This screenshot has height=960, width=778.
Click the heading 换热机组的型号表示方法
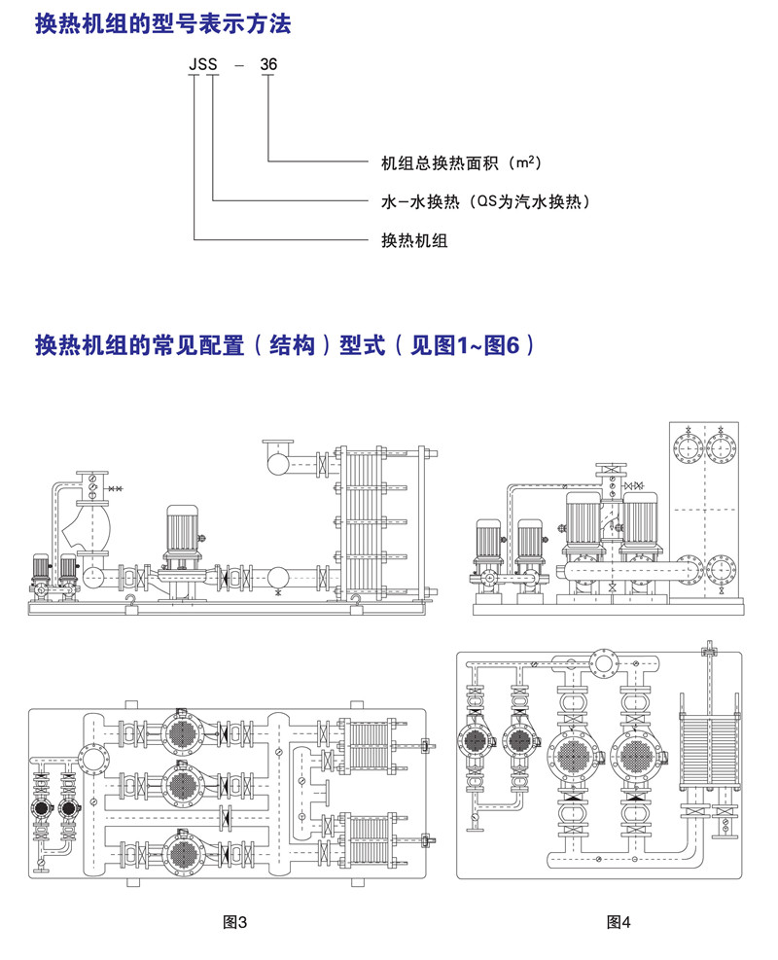tap(162, 25)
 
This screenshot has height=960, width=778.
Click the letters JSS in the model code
tap(202, 65)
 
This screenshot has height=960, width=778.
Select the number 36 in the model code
tap(268, 65)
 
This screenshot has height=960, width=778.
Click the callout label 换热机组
tap(413, 240)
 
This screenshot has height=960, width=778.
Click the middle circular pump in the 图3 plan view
tap(180, 780)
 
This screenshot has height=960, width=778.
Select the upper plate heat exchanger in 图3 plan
tap(373, 745)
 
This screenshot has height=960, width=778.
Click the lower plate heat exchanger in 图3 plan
tap(373, 839)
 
